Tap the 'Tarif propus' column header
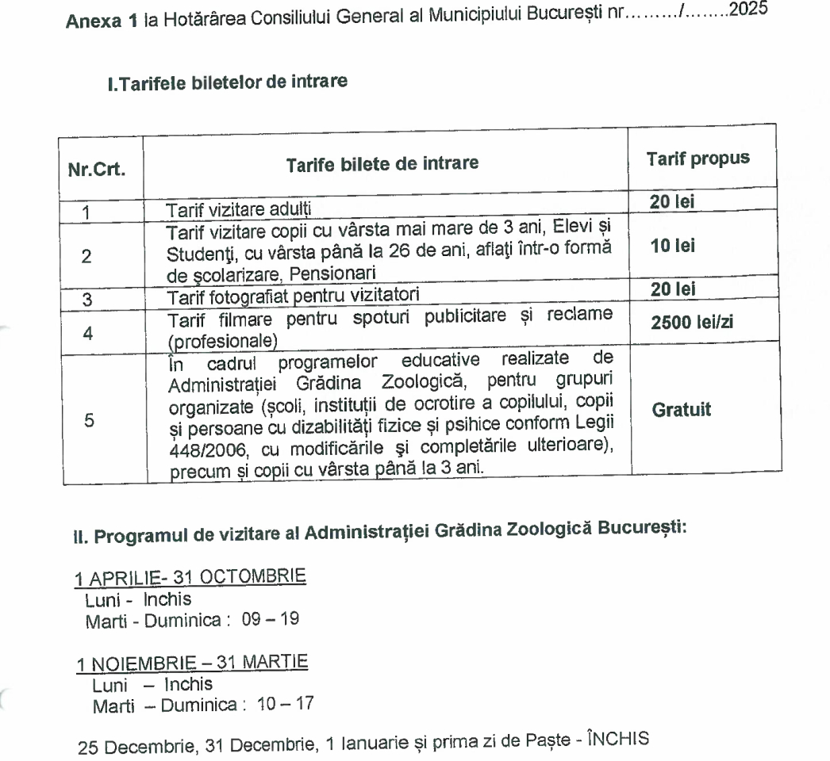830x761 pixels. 697,158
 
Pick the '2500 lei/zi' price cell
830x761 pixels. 696,323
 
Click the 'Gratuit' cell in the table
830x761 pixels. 682,411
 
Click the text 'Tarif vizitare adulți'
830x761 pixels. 228,210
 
